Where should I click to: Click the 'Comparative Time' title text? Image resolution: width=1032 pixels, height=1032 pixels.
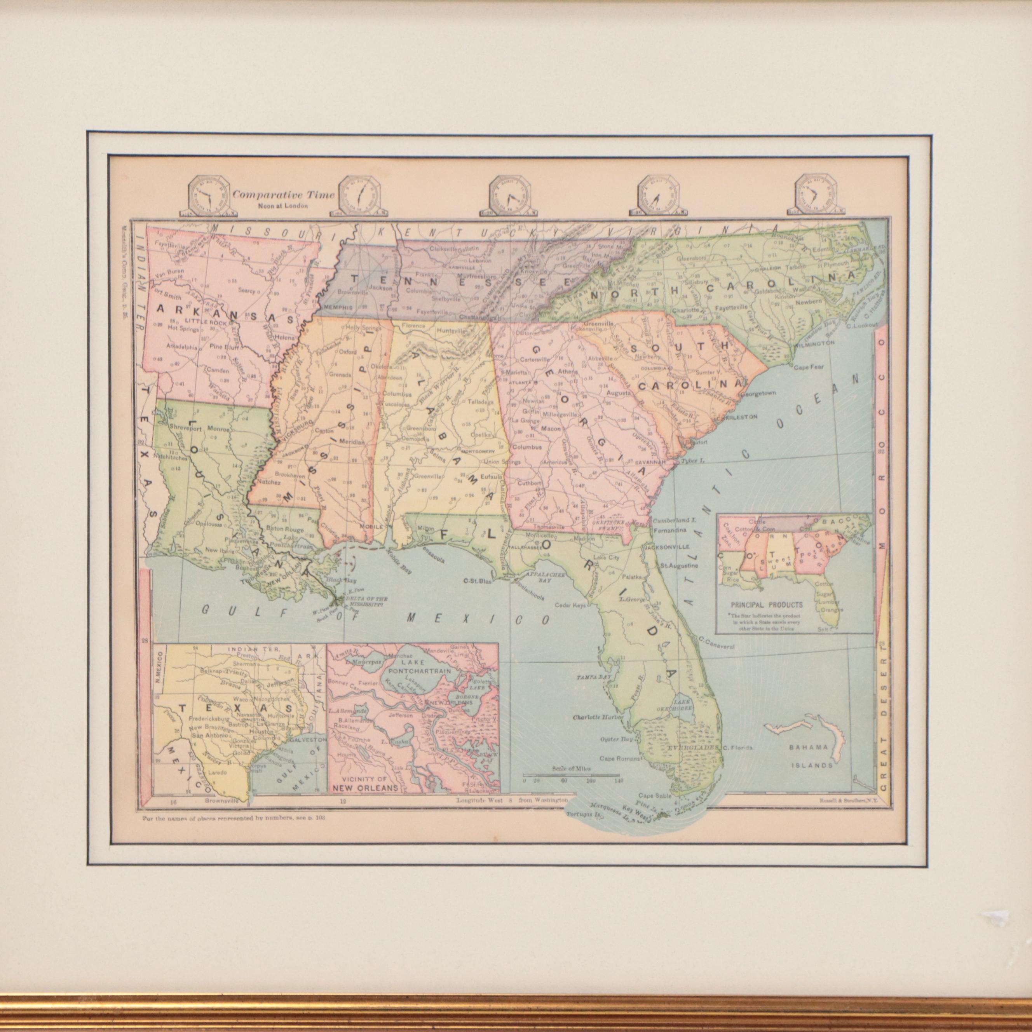coord(283,195)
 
